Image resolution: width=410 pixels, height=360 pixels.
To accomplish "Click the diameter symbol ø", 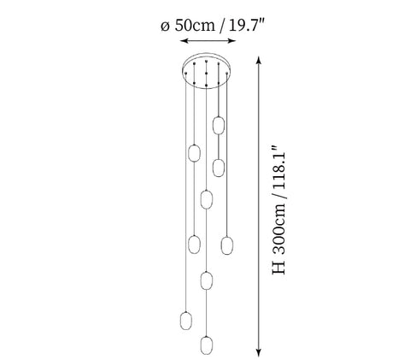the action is pyautogui.click(x=165, y=27).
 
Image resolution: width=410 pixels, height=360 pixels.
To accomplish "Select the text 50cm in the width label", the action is pyautogui.click(x=195, y=25).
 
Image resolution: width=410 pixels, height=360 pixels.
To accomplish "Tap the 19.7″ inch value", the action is pyautogui.click(x=247, y=25).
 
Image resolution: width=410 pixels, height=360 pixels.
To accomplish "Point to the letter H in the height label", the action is pyautogui.click(x=278, y=269).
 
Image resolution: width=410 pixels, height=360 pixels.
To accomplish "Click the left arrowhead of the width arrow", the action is pyautogui.click(x=184, y=41).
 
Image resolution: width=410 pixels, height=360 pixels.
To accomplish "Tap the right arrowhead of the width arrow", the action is pyautogui.click(x=231, y=41).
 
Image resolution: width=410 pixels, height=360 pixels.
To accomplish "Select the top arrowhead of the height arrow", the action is pyautogui.click(x=259, y=61).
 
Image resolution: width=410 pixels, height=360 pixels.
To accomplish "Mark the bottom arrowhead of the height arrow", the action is pyautogui.click(x=259, y=352).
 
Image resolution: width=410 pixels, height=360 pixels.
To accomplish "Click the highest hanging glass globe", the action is pyautogui.click(x=219, y=125).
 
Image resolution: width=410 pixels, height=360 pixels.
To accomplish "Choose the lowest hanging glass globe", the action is pyautogui.click(x=207, y=345).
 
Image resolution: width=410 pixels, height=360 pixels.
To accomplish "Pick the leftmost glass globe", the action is pyautogui.click(x=186, y=321).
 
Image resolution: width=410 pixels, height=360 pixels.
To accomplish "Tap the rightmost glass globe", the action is pyautogui.click(x=227, y=245).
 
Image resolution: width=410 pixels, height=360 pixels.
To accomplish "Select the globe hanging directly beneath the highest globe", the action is pyautogui.click(x=219, y=168).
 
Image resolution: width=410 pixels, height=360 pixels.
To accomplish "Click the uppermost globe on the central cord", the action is pyautogui.click(x=207, y=199).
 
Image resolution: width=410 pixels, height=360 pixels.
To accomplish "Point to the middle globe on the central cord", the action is pyautogui.click(x=207, y=280).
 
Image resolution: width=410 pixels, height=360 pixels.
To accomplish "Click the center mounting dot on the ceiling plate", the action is pyautogui.click(x=207, y=74).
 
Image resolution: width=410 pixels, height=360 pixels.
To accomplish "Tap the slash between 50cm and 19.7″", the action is pyautogui.click(x=222, y=26).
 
